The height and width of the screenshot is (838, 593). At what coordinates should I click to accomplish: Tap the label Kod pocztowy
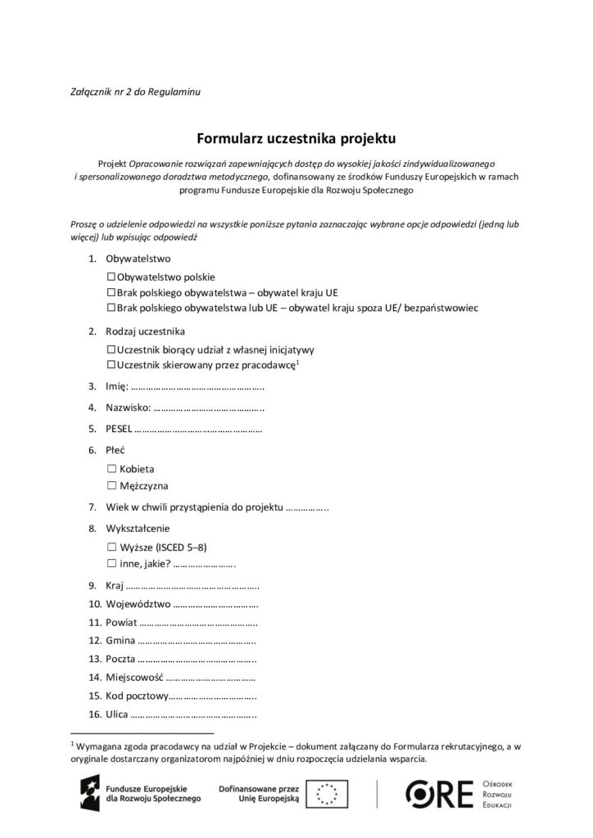point(137,696)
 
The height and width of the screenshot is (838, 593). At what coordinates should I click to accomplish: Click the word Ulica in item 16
point(117,714)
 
